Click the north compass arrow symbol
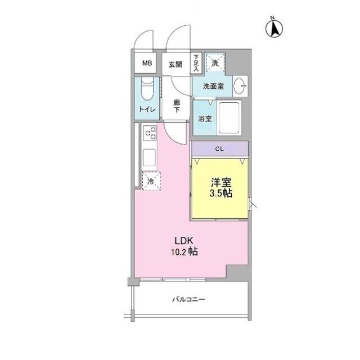point(274,29)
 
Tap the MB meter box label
point(147,63)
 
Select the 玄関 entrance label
point(175,65)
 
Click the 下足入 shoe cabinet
point(196,63)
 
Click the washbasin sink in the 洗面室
point(239,86)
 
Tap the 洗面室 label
point(213,86)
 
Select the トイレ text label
point(147,109)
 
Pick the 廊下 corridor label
point(177,106)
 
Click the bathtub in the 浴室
point(229,118)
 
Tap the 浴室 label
point(205,119)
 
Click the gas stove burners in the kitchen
point(150,133)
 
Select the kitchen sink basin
point(149,157)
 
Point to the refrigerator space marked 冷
point(151,181)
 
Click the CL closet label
point(219,149)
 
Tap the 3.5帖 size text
point(220,193)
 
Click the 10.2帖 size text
point(184,252)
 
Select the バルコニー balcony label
point(188,299)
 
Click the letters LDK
point(184,241)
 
